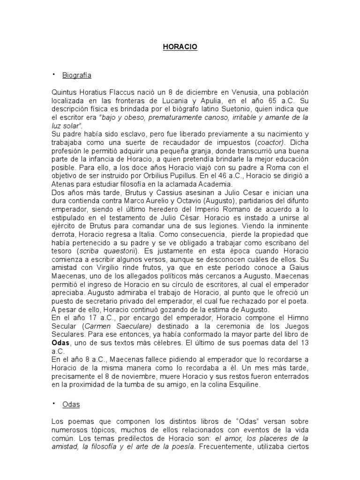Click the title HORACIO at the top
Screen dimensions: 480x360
pos(180,47)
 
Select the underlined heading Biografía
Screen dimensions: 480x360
pos(78,75)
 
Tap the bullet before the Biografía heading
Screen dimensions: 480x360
pos(54,74)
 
